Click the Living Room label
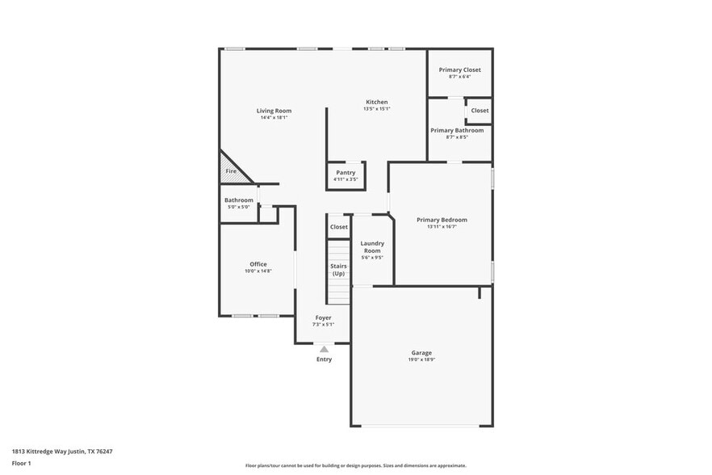[274, 111]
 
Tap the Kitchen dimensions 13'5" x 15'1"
[376, 109]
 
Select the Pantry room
[346, 175]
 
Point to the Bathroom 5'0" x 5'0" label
[238, 200]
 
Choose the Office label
[258, 264]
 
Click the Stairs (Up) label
[338, 269]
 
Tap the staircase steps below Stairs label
[338, 291]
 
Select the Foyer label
[323, 318]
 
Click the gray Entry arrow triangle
[324, 349]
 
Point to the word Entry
[324, 359]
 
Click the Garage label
[421, 352]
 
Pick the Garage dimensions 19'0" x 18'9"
[421, 359]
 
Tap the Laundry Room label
[372, 247]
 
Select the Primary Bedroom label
[442, 220]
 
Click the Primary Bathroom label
[457, 130]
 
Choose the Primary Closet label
[459, 69]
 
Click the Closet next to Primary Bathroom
[480, 111]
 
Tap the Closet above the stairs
[339, 227]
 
